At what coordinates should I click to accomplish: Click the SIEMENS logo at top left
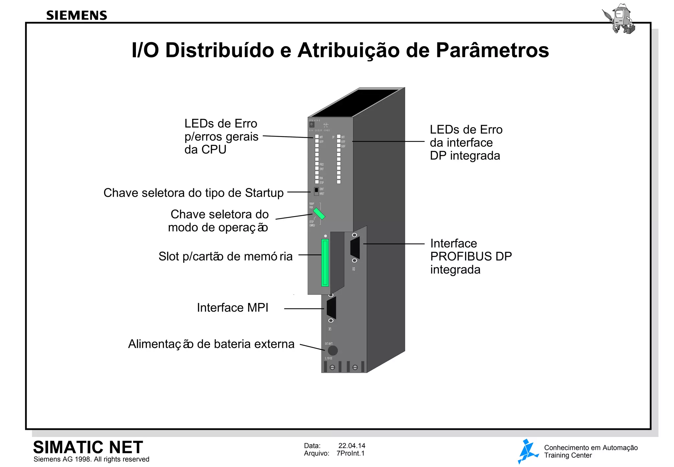tap(76, 15)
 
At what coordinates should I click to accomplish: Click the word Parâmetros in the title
tap(492, 50)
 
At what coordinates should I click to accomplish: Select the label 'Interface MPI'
tap(232, 308)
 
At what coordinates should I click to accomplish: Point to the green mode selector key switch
tap(319, 213)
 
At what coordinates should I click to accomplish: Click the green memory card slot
tap(325, 262)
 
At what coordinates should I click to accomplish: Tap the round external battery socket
tap(332, 350)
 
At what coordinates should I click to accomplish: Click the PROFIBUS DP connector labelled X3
tap(355, 248)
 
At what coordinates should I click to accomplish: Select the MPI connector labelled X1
tap(331, 308)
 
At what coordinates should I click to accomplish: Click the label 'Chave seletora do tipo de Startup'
tap(194, 193)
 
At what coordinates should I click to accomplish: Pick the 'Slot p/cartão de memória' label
tap(225, 256)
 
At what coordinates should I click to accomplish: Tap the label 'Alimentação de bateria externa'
tap(211, 344)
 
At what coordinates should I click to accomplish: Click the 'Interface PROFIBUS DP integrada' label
tap(471, 256)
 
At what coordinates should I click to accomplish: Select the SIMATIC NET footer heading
tap(88, 447)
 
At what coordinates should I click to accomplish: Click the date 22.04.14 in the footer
tap(351, 446)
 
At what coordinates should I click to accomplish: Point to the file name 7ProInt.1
tap(350, 453)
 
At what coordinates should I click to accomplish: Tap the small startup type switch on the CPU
tap(316, 191)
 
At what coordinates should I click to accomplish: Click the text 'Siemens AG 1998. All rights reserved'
tap(91, 459)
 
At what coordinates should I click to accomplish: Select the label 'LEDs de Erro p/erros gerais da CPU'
tap(221, 136)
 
